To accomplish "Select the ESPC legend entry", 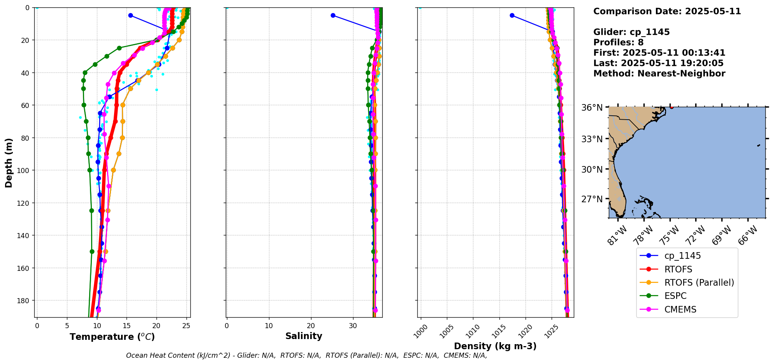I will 675,296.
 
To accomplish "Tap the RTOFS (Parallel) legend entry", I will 699,283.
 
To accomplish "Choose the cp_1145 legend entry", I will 682,256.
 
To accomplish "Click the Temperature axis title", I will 112,337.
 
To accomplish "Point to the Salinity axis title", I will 304,336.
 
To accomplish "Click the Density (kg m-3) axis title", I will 495,346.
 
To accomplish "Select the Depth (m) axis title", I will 9,163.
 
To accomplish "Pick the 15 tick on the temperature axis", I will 127,326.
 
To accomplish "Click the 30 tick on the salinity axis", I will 353,326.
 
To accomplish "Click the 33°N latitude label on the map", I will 592,139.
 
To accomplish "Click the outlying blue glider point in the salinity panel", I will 333,15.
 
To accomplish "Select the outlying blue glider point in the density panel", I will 512,15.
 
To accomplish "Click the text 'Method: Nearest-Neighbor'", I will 659,74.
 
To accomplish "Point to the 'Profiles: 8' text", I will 618,42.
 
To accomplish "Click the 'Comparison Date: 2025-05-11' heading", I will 667,11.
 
